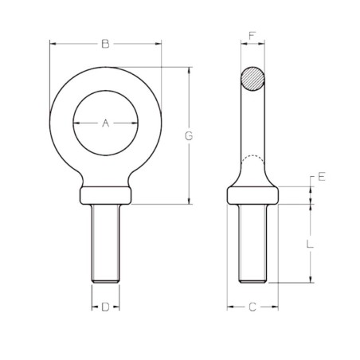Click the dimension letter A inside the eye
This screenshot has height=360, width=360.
tap(105, 123)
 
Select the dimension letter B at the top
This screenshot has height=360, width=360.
tap(105, 45)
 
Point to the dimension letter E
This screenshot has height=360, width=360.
tap(321, 177)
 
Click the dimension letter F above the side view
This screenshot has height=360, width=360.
tap(252, 37)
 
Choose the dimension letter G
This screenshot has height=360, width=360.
tap(189, 135)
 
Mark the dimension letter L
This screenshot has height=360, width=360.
tap(310, 245)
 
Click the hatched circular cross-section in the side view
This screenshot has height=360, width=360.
tap(253, 78)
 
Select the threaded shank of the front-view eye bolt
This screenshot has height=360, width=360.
tap(105, 243)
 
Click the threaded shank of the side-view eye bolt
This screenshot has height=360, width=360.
tap(253, 243)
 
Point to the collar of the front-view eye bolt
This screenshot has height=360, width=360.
tap(105, 195)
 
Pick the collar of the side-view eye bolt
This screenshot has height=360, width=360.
tap(253, 195)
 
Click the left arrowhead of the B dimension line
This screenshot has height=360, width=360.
tap(53, 45)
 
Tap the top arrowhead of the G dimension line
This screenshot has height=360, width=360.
tap(189, 70)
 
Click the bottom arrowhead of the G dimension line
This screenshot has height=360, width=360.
tap(189, 202)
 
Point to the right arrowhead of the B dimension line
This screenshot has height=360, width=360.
tap(158, 45)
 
